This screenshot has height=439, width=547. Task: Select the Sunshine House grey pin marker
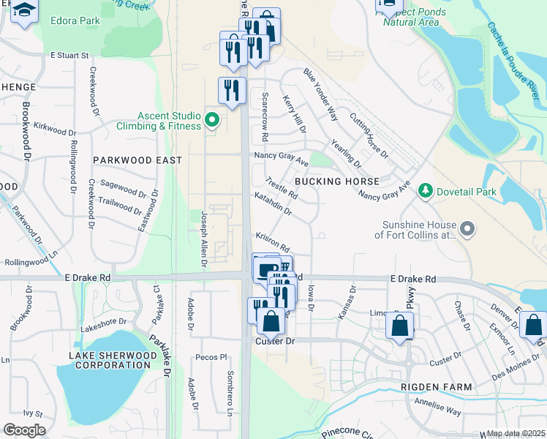coord(468,230)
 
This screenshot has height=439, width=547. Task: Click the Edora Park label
coord(75,20)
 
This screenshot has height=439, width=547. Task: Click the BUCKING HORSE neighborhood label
coord(336,181)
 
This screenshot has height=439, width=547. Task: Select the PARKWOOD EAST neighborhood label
coord(137,160)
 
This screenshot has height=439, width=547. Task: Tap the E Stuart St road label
coord(69,55)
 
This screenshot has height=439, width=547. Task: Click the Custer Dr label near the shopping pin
coord(275,342)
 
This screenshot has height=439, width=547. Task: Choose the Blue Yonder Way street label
coord(320,94)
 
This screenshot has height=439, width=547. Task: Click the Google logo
coord(24,430)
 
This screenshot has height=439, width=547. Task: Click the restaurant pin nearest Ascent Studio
coord(232,91)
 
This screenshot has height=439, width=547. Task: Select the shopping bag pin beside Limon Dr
coord(400,326)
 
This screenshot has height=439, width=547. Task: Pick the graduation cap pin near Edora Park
coord(25,12)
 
